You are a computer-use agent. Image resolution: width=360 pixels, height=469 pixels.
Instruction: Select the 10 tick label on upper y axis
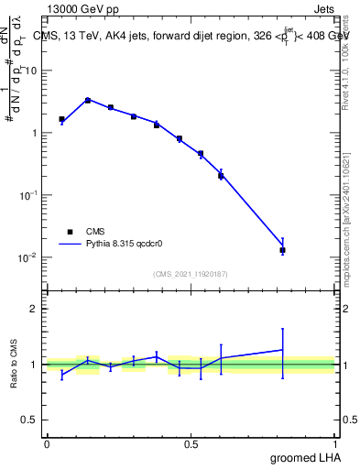pos(31,71)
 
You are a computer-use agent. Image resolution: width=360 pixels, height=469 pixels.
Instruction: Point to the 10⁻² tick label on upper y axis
pos(28,257)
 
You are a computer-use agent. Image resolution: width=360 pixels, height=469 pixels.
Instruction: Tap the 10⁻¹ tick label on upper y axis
pos(28,195)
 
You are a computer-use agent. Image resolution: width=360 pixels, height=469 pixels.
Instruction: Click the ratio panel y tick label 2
pos(35,309)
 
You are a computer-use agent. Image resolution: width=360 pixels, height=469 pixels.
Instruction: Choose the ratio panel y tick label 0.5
pos(31,420)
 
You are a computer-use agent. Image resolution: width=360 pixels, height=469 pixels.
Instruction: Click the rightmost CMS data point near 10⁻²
pos(282,250)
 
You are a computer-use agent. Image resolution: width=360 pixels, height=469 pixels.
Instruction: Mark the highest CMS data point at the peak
pos(87,100)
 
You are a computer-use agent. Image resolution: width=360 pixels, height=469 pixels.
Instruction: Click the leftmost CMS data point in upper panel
pos(61,119)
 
